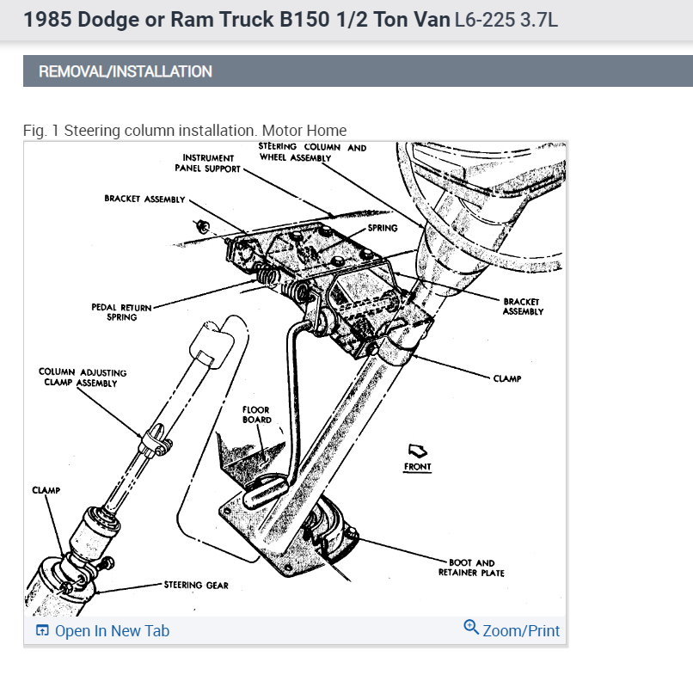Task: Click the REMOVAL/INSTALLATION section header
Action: (x=126, y=71)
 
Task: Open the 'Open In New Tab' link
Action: (x=112, y=631)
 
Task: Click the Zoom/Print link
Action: (x=521, y=631)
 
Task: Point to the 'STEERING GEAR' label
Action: (x=196, y=586)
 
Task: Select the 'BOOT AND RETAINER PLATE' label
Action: (x=471, y=568)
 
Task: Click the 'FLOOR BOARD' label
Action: (x=256, y=415)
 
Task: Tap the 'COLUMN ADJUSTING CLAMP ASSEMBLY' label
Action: (x=83, y=377)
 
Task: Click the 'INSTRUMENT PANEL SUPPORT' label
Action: (x=208, y=163)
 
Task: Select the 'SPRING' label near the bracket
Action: (x=383, y=228)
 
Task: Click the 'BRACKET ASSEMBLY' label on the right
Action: (x=523, y=307)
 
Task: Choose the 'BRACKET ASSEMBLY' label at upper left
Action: (x=144, y=199)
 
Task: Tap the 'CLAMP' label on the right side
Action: (x=507, y=378)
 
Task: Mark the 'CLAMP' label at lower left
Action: (x=46, y=490)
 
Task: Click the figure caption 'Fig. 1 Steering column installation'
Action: (x=185, y=131)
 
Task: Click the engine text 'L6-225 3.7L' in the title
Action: (x=506, y=19)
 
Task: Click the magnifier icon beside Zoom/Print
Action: (x=470, y=628)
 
